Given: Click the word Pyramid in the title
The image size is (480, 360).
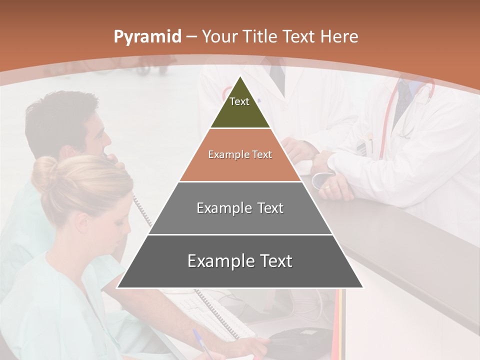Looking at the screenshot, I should [x=147, y=37].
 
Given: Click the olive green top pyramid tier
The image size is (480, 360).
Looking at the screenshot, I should [x=240, y=107].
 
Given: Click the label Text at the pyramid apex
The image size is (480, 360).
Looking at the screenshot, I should [x=239, y=101].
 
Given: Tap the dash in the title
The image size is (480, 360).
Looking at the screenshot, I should [x=191, y=37].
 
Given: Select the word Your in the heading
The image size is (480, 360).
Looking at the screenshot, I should [x=219, y=37].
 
